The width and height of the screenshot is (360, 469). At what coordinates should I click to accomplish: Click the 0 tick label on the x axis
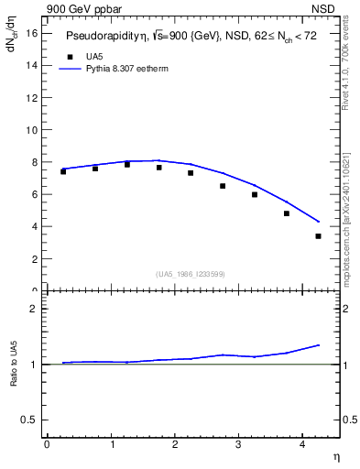point(47,446)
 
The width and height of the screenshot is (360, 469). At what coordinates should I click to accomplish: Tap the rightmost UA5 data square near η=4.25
point(318,236)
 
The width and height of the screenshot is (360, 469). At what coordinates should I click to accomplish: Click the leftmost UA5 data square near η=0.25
point(63,171)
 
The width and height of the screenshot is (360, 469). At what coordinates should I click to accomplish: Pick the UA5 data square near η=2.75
point(223,186)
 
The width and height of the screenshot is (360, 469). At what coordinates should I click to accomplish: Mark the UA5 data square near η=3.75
point(287,213)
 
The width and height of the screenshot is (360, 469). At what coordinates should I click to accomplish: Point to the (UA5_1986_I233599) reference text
point(191,274)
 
